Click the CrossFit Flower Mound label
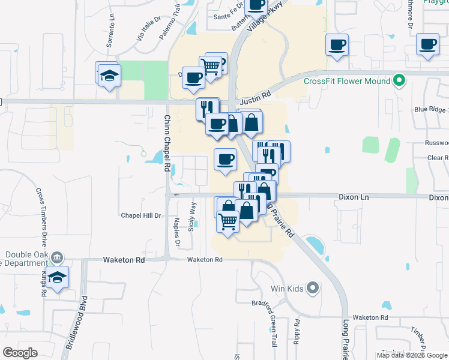point(347,81)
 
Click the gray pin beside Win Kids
point(312,289)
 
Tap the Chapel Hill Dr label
point(142,215)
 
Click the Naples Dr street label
point(177,231)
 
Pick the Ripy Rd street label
point(297,328)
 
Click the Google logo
point(20,353)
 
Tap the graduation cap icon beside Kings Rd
point(58,277)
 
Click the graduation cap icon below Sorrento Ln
point(109,76)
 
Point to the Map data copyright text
point(412,355)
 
